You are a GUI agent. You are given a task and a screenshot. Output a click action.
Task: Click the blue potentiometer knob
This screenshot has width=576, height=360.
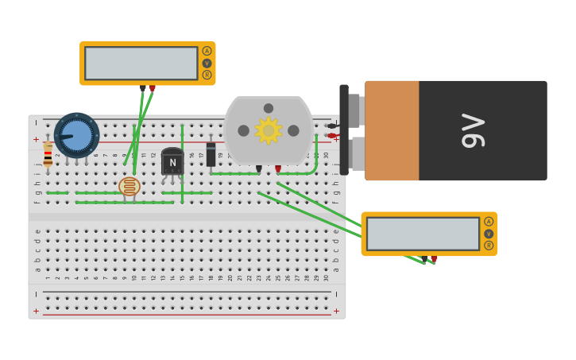76,134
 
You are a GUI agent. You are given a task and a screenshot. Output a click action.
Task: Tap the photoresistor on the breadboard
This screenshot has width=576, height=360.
129,186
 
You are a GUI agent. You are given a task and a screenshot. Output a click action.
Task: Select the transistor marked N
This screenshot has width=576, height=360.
172,161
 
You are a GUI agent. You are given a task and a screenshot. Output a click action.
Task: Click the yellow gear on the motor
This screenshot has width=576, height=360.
269,130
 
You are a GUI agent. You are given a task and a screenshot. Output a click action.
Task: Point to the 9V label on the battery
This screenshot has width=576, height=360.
473,130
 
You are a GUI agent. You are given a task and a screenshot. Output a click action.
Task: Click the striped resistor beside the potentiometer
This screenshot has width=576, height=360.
48,154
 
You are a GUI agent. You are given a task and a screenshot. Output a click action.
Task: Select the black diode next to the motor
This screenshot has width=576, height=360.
211,154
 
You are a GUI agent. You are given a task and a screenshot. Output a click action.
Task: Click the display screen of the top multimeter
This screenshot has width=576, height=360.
141,64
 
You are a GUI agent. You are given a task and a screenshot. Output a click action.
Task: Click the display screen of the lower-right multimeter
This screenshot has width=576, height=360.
423,234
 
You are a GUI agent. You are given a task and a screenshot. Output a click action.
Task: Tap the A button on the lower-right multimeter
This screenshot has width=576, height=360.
489,222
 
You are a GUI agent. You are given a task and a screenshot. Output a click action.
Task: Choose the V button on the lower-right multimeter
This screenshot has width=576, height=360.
489,234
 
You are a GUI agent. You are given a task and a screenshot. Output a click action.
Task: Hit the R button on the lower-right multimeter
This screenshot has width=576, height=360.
489,246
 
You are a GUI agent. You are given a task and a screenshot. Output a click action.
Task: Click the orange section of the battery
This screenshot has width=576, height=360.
392,130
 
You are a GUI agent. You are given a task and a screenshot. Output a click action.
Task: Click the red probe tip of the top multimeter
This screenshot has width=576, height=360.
153,88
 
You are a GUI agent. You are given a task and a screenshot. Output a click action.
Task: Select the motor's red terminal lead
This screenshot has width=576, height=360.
278,168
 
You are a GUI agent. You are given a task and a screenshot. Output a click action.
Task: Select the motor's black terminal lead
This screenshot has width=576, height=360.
259,168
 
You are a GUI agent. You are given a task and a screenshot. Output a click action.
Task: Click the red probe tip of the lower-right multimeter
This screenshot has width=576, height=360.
434,258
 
